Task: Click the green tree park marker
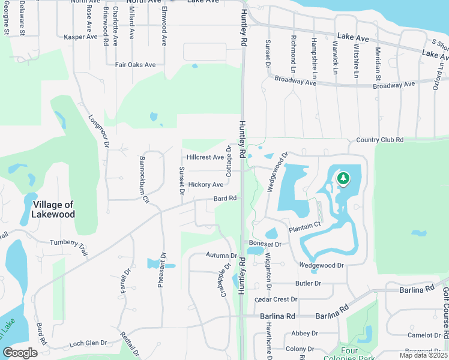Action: coord(343,179)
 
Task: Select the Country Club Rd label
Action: coord(380,140)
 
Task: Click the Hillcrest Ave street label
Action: coord(205,157)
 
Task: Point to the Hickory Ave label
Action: coord(206,185)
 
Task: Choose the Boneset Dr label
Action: coord(265,244)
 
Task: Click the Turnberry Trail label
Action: coord(68,246)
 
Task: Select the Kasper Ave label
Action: coord(80,37)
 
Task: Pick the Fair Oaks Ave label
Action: coord(135,65)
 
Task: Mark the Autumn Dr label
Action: coord(217,255)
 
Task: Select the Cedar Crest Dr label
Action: coord(276,299)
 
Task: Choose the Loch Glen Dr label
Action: coord(88,343)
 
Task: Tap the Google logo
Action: coord(20,353)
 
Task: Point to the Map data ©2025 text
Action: coord(423,355)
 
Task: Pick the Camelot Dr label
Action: coord(424,335)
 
